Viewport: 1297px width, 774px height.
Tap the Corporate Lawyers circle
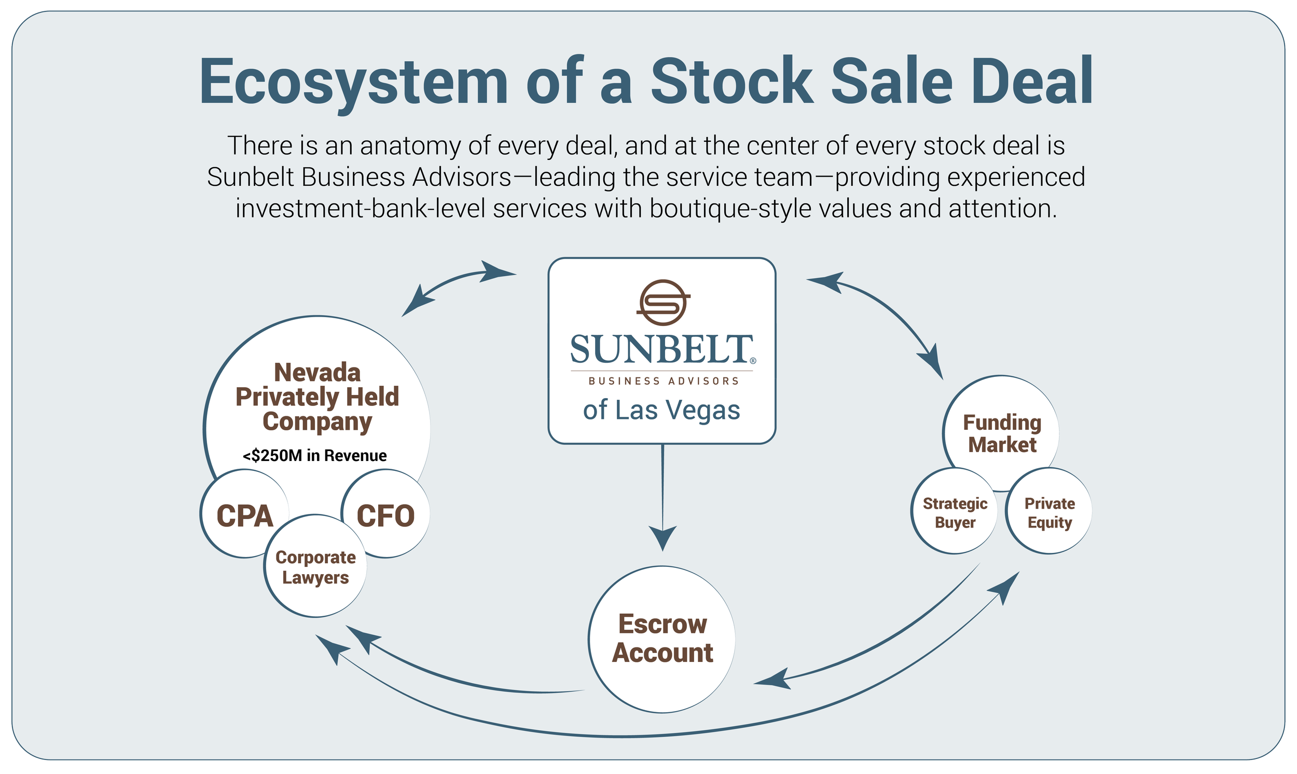point(315,567)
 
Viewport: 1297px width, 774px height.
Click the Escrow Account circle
point(662,639)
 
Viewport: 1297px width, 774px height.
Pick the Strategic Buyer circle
point(955,512)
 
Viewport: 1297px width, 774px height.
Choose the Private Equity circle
point(1049,512)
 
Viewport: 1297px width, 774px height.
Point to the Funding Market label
point(1001,433)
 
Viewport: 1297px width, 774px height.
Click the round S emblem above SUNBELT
point(663,303)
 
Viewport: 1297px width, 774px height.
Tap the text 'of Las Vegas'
point(661,410)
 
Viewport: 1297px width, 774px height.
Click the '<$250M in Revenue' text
point(315,455)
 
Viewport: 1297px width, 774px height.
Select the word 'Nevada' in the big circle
point(317,372)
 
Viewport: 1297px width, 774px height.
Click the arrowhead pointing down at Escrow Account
point(663,537)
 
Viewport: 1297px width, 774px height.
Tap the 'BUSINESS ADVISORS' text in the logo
point(664,381)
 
